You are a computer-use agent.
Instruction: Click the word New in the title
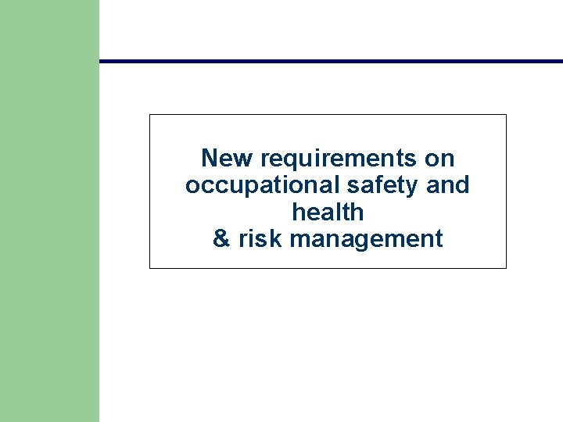pyautogui.click(x=228, y=159)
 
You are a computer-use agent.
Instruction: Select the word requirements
pyautogui.click(x=338, y=159)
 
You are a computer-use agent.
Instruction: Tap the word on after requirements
pyautogui.click(x=439, y=159)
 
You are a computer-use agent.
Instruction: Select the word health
pyautogui.click(x=328, y=212)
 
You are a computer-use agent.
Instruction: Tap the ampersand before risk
pyautogui.click(x=222, y=238)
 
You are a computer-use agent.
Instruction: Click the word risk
pyautogui.click(x=260, y=238)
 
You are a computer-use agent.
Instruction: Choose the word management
pyautogui.click(x=366, y=239)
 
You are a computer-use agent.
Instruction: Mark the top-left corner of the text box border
pyautogui.click(x=150, y=115)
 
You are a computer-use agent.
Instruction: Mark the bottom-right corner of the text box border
pyautogui.click(x=506, y=268)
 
